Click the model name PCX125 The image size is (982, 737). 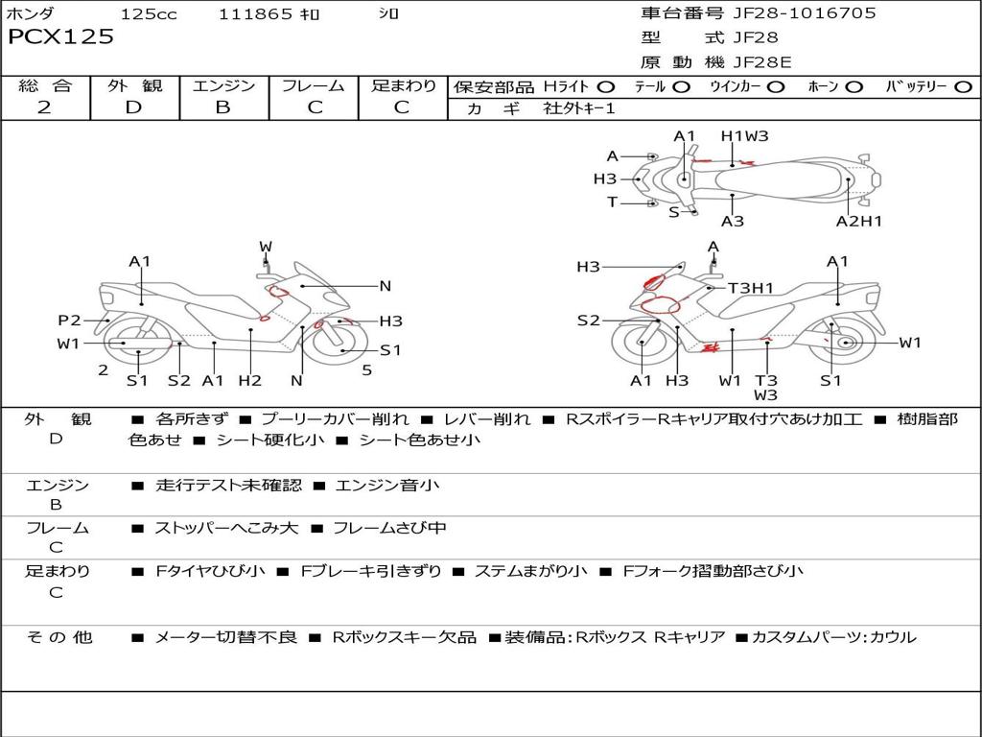tap(60, 37)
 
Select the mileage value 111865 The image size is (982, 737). tap(255, 14)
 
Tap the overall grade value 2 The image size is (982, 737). tap(44, 107)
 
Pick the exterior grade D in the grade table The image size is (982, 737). tap(133, 107)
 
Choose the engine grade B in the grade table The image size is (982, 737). tap(222, 107)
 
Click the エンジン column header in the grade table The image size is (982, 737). tap(223, 86)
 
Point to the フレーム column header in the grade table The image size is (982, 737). tap(314, 86)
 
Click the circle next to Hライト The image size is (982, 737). tap(606, 87)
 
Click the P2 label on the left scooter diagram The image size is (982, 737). tap(69, 321)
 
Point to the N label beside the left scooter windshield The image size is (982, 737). tap(385, 286)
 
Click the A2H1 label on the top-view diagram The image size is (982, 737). tap(858, 222)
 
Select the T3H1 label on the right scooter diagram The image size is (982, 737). tap(750, 287)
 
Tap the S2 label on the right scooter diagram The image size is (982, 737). tap(588, 321)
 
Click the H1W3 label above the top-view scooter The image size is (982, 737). tap(745, 136)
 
